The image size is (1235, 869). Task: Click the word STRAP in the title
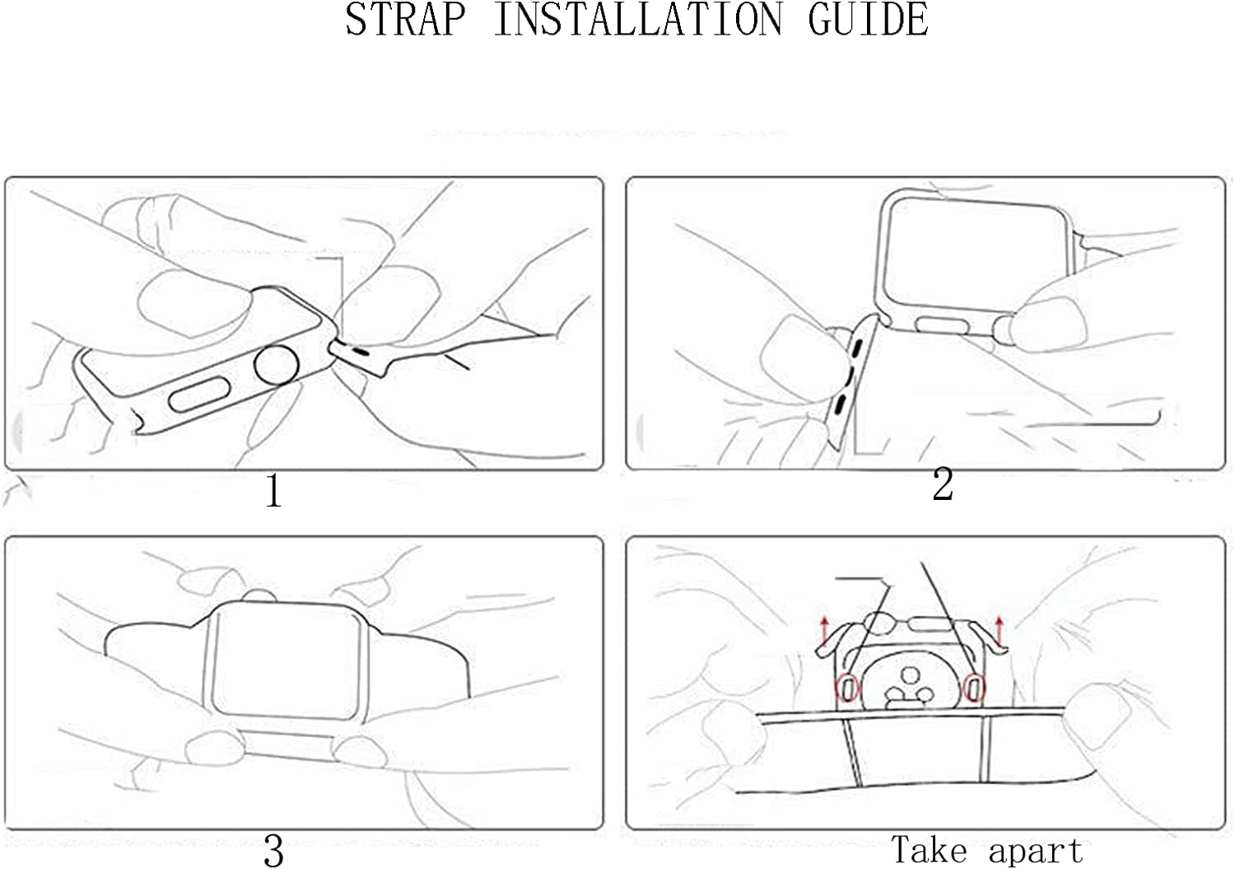pos(406,20)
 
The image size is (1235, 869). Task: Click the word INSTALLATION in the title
pos(638,20)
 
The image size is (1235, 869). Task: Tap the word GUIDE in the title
pos(869,20)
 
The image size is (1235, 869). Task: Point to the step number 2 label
pos(942,484)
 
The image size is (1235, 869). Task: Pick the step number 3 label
pos(273,850)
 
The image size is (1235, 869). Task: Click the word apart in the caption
pos(1036,852)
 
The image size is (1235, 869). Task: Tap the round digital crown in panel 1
pos(276,365)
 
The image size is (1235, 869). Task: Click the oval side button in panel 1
pos(199,395)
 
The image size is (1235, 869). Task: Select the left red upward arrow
pos(825,632)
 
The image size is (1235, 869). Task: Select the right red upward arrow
pos(999,632)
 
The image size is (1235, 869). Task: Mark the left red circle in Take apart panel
pos(846,688)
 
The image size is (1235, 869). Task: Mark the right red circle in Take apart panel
pos(974,688)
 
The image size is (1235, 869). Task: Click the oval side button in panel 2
pos(943,326)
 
